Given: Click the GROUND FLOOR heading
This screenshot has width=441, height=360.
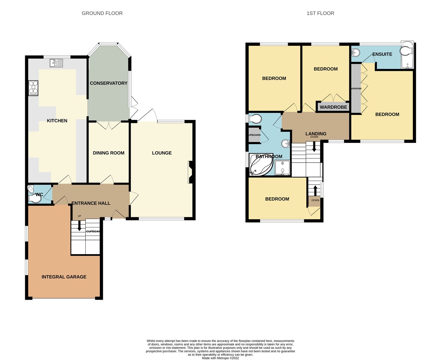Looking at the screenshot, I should click(102, 13).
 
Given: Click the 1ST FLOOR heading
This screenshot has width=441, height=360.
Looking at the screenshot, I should click(320, 13).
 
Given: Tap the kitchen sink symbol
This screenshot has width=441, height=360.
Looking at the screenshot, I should click(56, 63).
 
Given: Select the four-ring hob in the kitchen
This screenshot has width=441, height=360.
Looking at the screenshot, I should click(33, 88).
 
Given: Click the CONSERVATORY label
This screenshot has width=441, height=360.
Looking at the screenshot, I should click(108, 83).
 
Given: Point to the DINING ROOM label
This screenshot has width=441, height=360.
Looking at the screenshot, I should click(108, 153).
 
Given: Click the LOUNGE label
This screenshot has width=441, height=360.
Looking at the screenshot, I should click(162, 153).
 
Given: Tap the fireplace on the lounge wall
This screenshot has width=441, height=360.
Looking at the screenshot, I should click(191, 172).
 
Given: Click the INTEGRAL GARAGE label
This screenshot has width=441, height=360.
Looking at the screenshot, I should click(64, 277).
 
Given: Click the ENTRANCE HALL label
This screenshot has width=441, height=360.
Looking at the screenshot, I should click(91, 203).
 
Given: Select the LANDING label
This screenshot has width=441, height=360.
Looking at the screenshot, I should click(316, 134).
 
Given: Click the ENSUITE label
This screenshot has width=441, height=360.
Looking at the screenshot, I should click(382, 54).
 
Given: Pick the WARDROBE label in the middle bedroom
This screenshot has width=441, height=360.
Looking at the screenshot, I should click(333, 107).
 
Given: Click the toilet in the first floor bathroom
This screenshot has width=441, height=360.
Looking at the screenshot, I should click(255, 118).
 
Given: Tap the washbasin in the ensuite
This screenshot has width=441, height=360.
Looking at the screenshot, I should click(356, 52).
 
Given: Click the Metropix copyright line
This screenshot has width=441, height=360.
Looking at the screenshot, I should click(220, 358).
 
